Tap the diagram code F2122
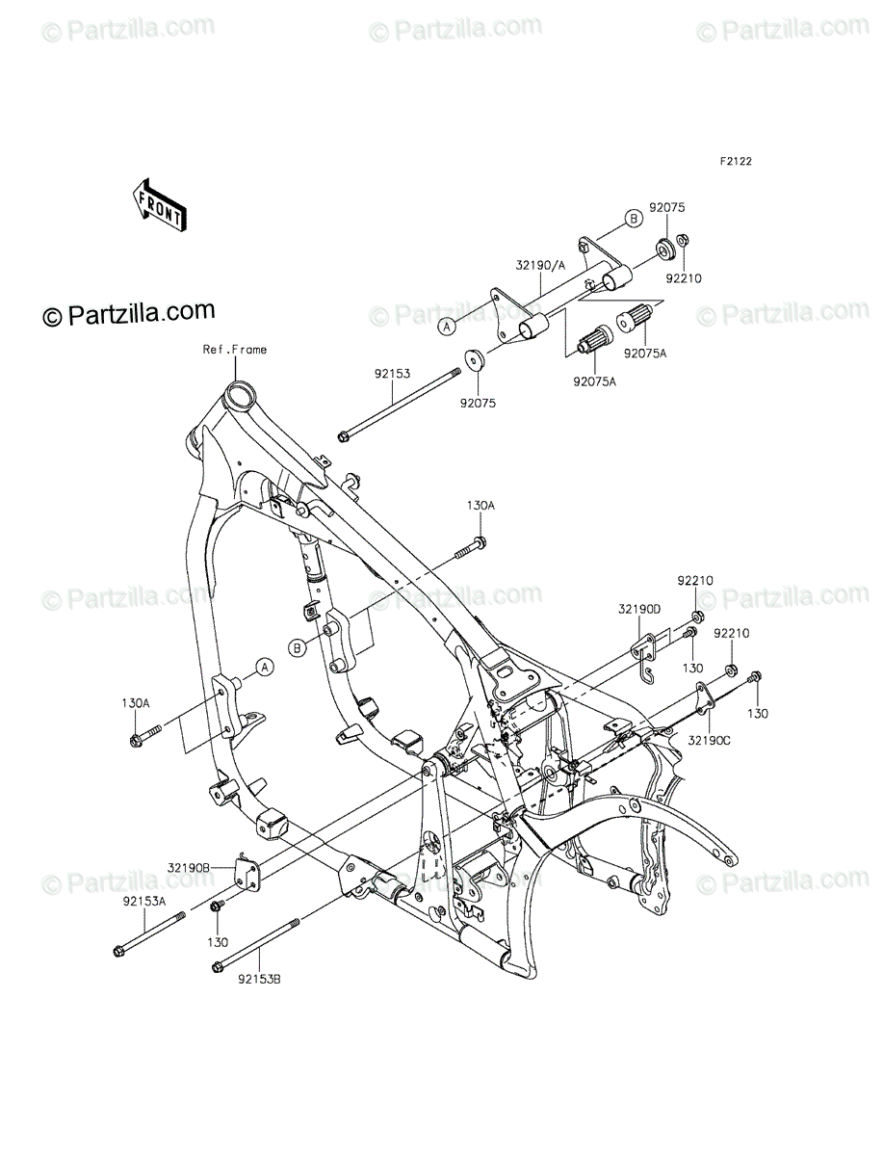(736, 162)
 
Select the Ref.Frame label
(235, 350)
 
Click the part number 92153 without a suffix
(392, 374)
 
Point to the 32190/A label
(540, 266)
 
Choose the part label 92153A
(144, 901)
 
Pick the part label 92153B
(259, 980)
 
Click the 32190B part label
(189, 867)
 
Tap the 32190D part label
(638, 610)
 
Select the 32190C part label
(710, 741)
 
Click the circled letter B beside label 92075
(634, 218)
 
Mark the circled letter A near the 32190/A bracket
(446, 327)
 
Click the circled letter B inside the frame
(297, 648)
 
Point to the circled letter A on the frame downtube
(265, 668)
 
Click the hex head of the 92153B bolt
(217, 967)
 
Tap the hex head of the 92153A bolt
(119, 952)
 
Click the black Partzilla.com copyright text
(129, 314)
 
